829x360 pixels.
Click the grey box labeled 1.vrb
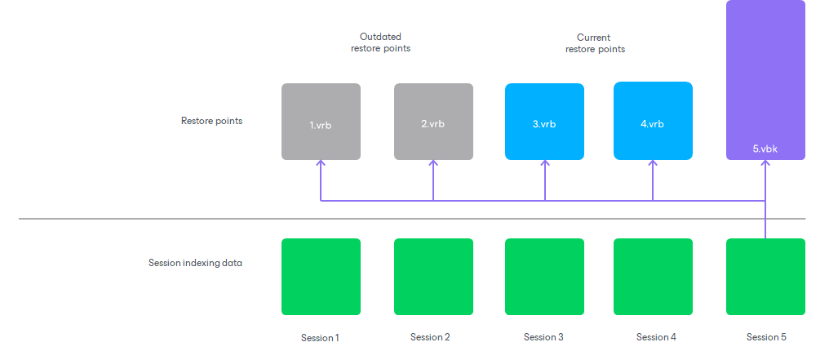tap(321, 121)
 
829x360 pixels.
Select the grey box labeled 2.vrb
tap(433, 121)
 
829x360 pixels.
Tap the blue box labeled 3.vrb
tap(544, 121)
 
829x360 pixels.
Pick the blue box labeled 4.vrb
tap(653, 121)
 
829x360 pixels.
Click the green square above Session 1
tap(321, 277)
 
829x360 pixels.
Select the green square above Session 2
tap(433, 277)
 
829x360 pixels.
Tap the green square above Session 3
tap(544, 277)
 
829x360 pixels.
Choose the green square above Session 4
tap(653, 277)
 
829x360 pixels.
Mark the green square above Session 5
tap(765, 277)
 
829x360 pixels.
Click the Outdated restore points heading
tap(380, 42)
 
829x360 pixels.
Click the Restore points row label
tap(211, 121)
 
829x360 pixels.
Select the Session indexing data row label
tap(195, 263)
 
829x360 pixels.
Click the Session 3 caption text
tap(543, 337)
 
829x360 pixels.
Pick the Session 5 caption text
tap(766, 337)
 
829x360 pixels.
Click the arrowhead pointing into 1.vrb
tap(321, 163)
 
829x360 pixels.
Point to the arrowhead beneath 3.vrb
tap(544, 163)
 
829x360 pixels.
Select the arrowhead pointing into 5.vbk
tap(765, 163)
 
